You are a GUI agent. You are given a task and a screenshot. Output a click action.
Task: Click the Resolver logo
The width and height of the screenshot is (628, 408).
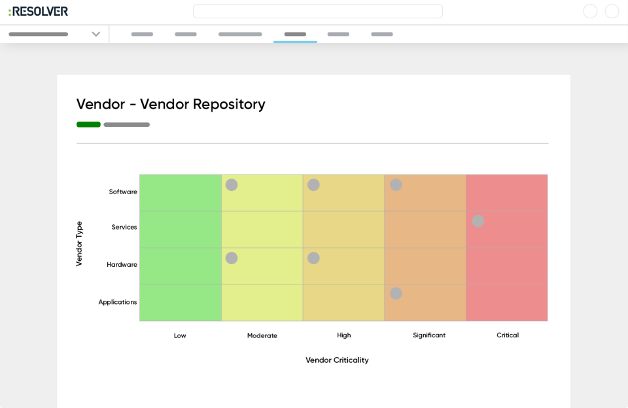pos(38,11)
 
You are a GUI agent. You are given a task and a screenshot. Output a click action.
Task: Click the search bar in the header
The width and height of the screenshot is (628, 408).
pos(318,11)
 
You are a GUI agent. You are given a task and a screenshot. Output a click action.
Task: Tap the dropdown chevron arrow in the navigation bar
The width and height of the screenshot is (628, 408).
pos(96,34)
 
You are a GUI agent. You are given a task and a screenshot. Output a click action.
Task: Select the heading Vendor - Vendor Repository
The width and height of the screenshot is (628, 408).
pos(171,104)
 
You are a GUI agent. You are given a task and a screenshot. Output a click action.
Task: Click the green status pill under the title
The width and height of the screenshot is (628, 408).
pos(88,124)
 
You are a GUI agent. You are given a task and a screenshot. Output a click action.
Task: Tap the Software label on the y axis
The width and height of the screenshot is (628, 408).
pos(123,192)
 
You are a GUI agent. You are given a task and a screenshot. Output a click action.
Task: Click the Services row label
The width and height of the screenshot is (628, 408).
pos(124,227)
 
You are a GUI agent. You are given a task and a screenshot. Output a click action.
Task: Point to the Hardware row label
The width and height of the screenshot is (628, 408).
pos(122,264)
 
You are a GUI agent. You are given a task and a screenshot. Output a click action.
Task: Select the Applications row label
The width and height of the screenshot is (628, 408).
pos(118,302)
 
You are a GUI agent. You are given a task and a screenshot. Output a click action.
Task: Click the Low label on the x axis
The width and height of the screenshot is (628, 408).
pos(180,335)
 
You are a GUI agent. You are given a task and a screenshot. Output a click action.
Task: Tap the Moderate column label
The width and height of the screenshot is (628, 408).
pos(262,335)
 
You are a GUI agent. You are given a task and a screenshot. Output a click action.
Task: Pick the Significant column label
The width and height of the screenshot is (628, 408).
pos(429,335)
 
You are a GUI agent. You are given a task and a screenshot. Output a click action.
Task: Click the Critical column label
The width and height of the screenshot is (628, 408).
pos(508,335)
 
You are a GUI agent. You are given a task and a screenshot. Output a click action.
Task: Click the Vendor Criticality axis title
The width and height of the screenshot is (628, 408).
pos(337,360)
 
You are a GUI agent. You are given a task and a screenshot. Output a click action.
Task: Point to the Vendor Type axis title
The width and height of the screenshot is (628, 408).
pos(79,243)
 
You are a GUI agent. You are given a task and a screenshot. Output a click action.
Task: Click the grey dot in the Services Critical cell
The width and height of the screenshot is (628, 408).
pos(478,221)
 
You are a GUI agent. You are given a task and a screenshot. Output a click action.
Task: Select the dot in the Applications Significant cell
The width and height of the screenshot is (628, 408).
pos(396,294)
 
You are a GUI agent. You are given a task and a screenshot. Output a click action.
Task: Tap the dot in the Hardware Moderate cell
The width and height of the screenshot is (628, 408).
pos(232,258)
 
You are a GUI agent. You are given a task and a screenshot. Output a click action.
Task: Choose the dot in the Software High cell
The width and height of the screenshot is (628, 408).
pos(313,185)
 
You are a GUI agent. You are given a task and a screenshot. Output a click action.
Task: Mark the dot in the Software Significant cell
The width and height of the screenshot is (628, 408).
pos(396,185)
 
